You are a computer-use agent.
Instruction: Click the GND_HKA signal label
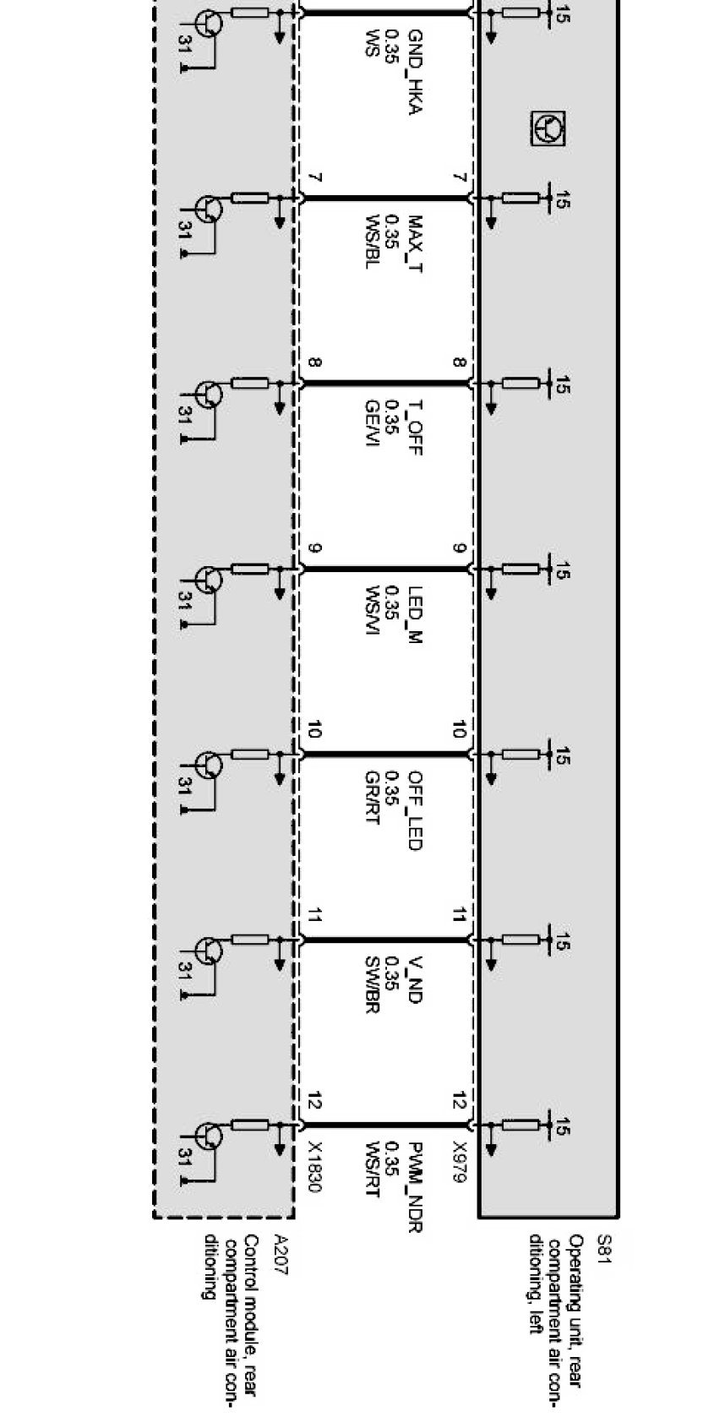[x=414, y=73]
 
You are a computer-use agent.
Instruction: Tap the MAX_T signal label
[x=414, y=246]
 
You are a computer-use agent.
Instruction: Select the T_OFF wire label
[x=414, y=428]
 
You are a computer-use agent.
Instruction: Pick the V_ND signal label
[x=414, y=980]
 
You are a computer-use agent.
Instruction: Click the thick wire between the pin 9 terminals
[x=384, y=570]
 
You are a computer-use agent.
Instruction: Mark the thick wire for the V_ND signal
[x=384, y=940]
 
